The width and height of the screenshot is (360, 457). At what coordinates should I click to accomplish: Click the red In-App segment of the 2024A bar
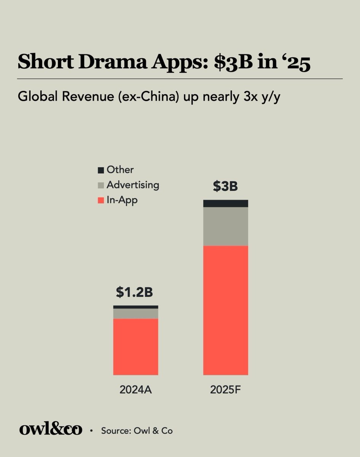135,347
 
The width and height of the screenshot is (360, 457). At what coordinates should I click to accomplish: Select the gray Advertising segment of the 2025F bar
225,226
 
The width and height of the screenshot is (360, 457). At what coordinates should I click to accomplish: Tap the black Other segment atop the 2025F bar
225,203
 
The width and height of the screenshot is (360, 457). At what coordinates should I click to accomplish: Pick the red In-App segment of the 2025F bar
225,310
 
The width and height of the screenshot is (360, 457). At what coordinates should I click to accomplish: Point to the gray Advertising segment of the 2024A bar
135,313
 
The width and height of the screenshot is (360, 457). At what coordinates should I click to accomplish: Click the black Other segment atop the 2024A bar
135,307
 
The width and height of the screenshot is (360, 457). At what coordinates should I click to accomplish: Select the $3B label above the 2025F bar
225,187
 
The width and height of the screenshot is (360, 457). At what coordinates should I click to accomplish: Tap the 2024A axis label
135,390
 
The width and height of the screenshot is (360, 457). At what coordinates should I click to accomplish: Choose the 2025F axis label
225,390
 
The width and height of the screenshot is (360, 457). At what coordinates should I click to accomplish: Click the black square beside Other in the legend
101,170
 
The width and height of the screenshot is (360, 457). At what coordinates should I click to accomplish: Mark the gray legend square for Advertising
101,185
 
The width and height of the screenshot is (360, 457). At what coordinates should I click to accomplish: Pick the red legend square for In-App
101,200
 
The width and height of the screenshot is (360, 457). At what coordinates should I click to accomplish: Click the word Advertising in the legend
133,185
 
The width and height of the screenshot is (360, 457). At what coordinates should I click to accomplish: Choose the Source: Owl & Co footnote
137,431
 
